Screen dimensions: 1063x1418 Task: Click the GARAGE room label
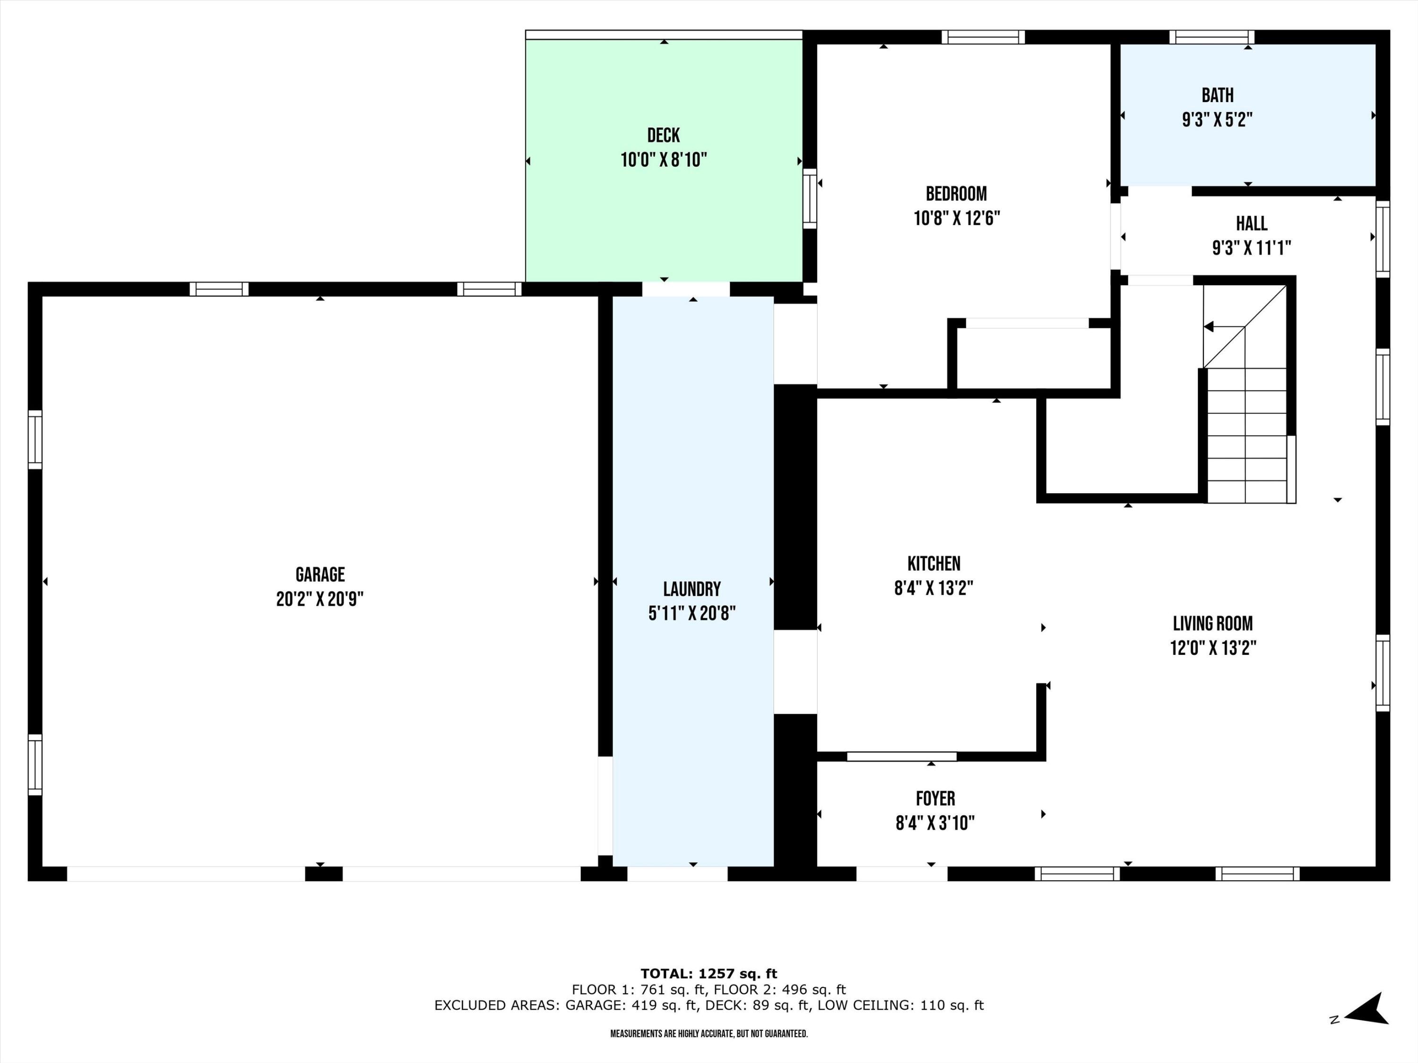point(320,574)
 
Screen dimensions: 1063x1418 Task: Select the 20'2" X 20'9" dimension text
point(320,599)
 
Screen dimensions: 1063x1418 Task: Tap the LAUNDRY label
point(692,589)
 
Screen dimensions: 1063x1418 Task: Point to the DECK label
point(664,135)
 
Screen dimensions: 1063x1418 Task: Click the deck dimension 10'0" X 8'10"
point(664,160)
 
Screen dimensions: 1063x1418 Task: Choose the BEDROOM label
point(956,194)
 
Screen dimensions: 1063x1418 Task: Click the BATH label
point(1217,95)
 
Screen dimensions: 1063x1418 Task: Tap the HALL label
point(1251,223)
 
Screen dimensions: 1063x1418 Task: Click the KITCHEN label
point(934,563)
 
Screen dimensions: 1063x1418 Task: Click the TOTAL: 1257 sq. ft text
point(709,974)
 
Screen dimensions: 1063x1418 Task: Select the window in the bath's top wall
point(1211,37)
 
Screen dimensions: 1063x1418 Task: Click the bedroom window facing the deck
point(810,198)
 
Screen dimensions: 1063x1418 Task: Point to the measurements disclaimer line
point(709,1034)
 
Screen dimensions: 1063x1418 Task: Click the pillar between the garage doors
point(324,874)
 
